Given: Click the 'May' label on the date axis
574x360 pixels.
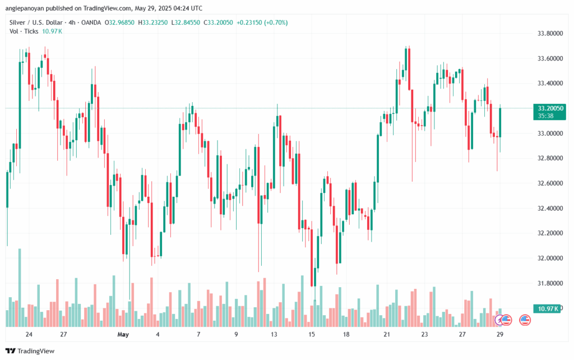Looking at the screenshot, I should point(124,334).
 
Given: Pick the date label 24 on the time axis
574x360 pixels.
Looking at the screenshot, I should point(29,334).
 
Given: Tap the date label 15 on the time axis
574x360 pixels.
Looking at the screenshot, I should point(312,334).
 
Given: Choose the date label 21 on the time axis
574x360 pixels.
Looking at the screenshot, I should point(387,334).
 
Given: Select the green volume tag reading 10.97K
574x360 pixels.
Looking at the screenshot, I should point(548,309).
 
